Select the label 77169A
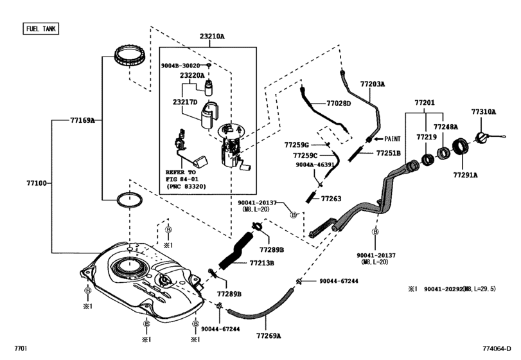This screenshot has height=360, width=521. coord(83,120)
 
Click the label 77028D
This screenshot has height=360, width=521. coord(339,103)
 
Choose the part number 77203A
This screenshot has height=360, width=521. coord(372,84)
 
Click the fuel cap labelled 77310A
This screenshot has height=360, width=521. coord(482,138)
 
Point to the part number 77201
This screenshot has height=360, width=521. coord(424,102)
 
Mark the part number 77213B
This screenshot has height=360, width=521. coord(261,263)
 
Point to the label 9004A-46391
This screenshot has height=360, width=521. coord(315,165)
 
